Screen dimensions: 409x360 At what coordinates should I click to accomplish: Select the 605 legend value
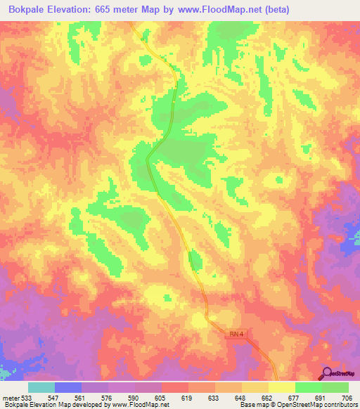161,397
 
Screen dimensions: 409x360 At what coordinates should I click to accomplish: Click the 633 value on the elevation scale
214,397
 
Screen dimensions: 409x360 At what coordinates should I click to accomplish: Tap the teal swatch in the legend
41,387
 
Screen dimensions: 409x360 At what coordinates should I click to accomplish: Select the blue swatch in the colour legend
68,387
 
